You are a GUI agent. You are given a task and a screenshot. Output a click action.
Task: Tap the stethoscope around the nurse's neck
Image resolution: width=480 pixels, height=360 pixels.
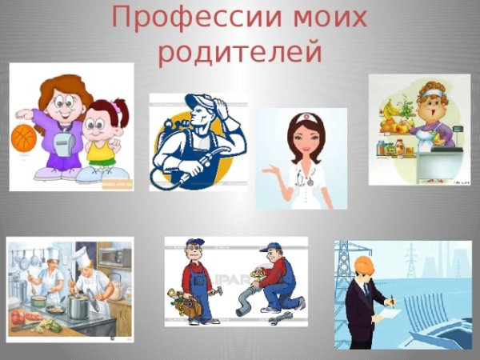[304, 174]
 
